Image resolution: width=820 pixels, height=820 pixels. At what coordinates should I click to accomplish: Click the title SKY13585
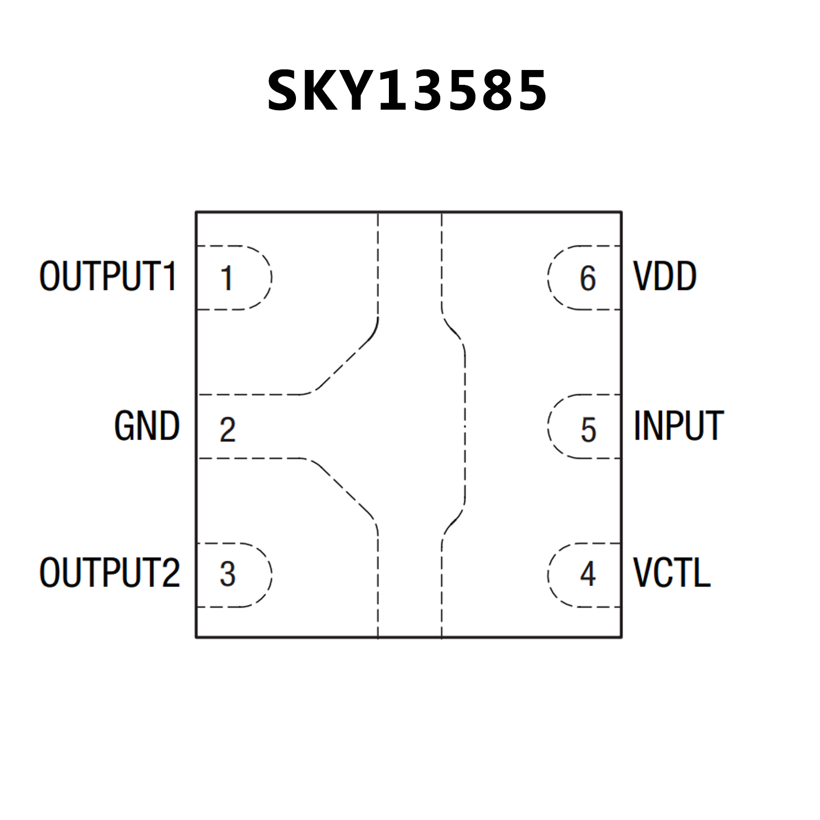407,91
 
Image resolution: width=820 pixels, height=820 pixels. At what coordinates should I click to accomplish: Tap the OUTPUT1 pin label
108,276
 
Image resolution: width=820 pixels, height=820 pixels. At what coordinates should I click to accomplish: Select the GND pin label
147,426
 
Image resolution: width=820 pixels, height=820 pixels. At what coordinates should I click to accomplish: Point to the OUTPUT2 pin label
110,573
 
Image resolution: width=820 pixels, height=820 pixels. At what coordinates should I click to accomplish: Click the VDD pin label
665,276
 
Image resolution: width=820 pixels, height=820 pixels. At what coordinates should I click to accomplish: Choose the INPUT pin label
678,426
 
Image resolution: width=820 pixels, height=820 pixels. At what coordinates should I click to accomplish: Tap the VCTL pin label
671,573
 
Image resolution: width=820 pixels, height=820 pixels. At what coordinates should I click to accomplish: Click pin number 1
227,278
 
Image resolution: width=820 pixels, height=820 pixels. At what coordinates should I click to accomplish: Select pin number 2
228,429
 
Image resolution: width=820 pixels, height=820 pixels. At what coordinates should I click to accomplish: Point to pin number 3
228,574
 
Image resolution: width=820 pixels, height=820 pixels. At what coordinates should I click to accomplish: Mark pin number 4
588,574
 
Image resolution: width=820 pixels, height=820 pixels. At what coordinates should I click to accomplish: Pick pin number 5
588,429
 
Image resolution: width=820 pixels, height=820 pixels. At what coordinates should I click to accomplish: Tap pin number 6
588,278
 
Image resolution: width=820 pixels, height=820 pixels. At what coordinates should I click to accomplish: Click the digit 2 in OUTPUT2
170,573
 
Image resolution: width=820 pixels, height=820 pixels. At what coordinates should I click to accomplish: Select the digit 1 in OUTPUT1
170,276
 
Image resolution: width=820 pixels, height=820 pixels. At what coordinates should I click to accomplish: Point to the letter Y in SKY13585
358,91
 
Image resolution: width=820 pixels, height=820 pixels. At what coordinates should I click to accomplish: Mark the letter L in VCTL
702,573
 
